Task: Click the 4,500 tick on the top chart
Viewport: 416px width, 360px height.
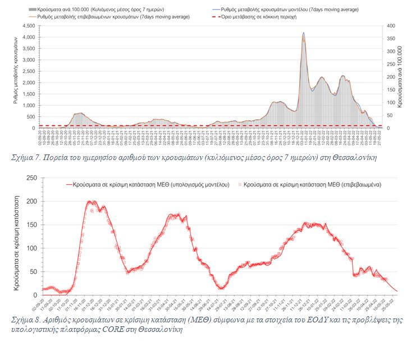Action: pos(28,26)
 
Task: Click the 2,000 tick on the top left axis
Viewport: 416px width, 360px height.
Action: pos(28,83)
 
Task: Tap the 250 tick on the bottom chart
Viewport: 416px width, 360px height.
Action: pos(32,178)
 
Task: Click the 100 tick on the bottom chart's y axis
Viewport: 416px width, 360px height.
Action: pos(32,248)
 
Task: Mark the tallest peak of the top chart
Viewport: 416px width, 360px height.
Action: pos(304,33)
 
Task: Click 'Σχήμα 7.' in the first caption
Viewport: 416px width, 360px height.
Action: pos(25,158)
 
